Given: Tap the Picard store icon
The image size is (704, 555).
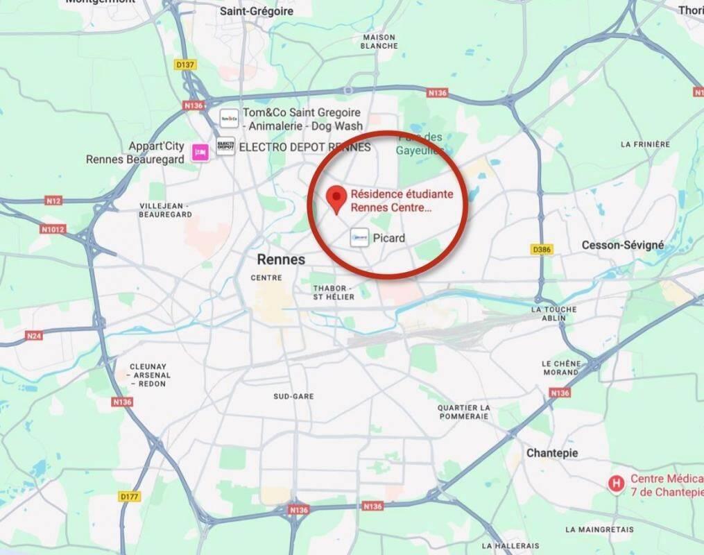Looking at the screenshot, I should click(359, 238).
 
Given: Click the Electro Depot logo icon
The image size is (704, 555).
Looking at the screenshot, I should click(225, 146).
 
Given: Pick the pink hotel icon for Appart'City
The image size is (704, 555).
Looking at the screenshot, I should click(201, 151).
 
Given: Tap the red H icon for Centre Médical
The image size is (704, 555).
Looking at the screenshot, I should click(615, 483).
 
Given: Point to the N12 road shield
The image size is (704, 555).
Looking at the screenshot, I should click(53, 201).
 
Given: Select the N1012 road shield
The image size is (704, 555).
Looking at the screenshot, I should click(53, 229).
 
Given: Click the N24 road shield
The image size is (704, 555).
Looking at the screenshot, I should click(33, 336).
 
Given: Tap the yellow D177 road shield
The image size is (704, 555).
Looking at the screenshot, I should click(129, 496).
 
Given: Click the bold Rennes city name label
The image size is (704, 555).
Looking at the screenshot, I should click(281, 259).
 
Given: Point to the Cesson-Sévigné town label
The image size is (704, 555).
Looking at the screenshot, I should click(623, 245).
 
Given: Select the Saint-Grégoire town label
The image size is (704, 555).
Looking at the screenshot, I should click(257, 11).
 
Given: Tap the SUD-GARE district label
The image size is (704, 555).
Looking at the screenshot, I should click(293, 396).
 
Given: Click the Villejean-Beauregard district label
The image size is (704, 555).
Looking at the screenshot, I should click(165, 210).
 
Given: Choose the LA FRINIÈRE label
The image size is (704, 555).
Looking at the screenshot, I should click(645, 144).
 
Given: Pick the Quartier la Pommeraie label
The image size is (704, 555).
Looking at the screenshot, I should click(463, 412).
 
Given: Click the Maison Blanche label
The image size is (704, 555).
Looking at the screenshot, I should click(379, 42).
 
